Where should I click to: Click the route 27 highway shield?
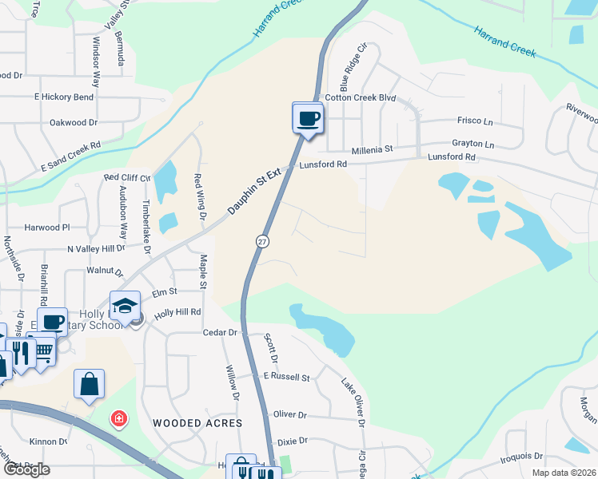coord(262,240)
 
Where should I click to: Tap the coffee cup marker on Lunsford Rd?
coord(308,119)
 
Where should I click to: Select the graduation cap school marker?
coord(126,307)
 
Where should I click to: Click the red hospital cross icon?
coord(118,418)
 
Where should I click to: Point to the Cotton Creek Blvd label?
coord(360,97)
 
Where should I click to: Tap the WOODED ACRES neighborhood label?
coord(197,422)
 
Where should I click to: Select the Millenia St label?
coord(372,149)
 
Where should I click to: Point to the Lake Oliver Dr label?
coord(355,400)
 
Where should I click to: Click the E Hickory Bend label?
coord(63,97)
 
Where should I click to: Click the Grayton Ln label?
coord(472,144)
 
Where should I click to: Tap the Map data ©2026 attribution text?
coord(564,473)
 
